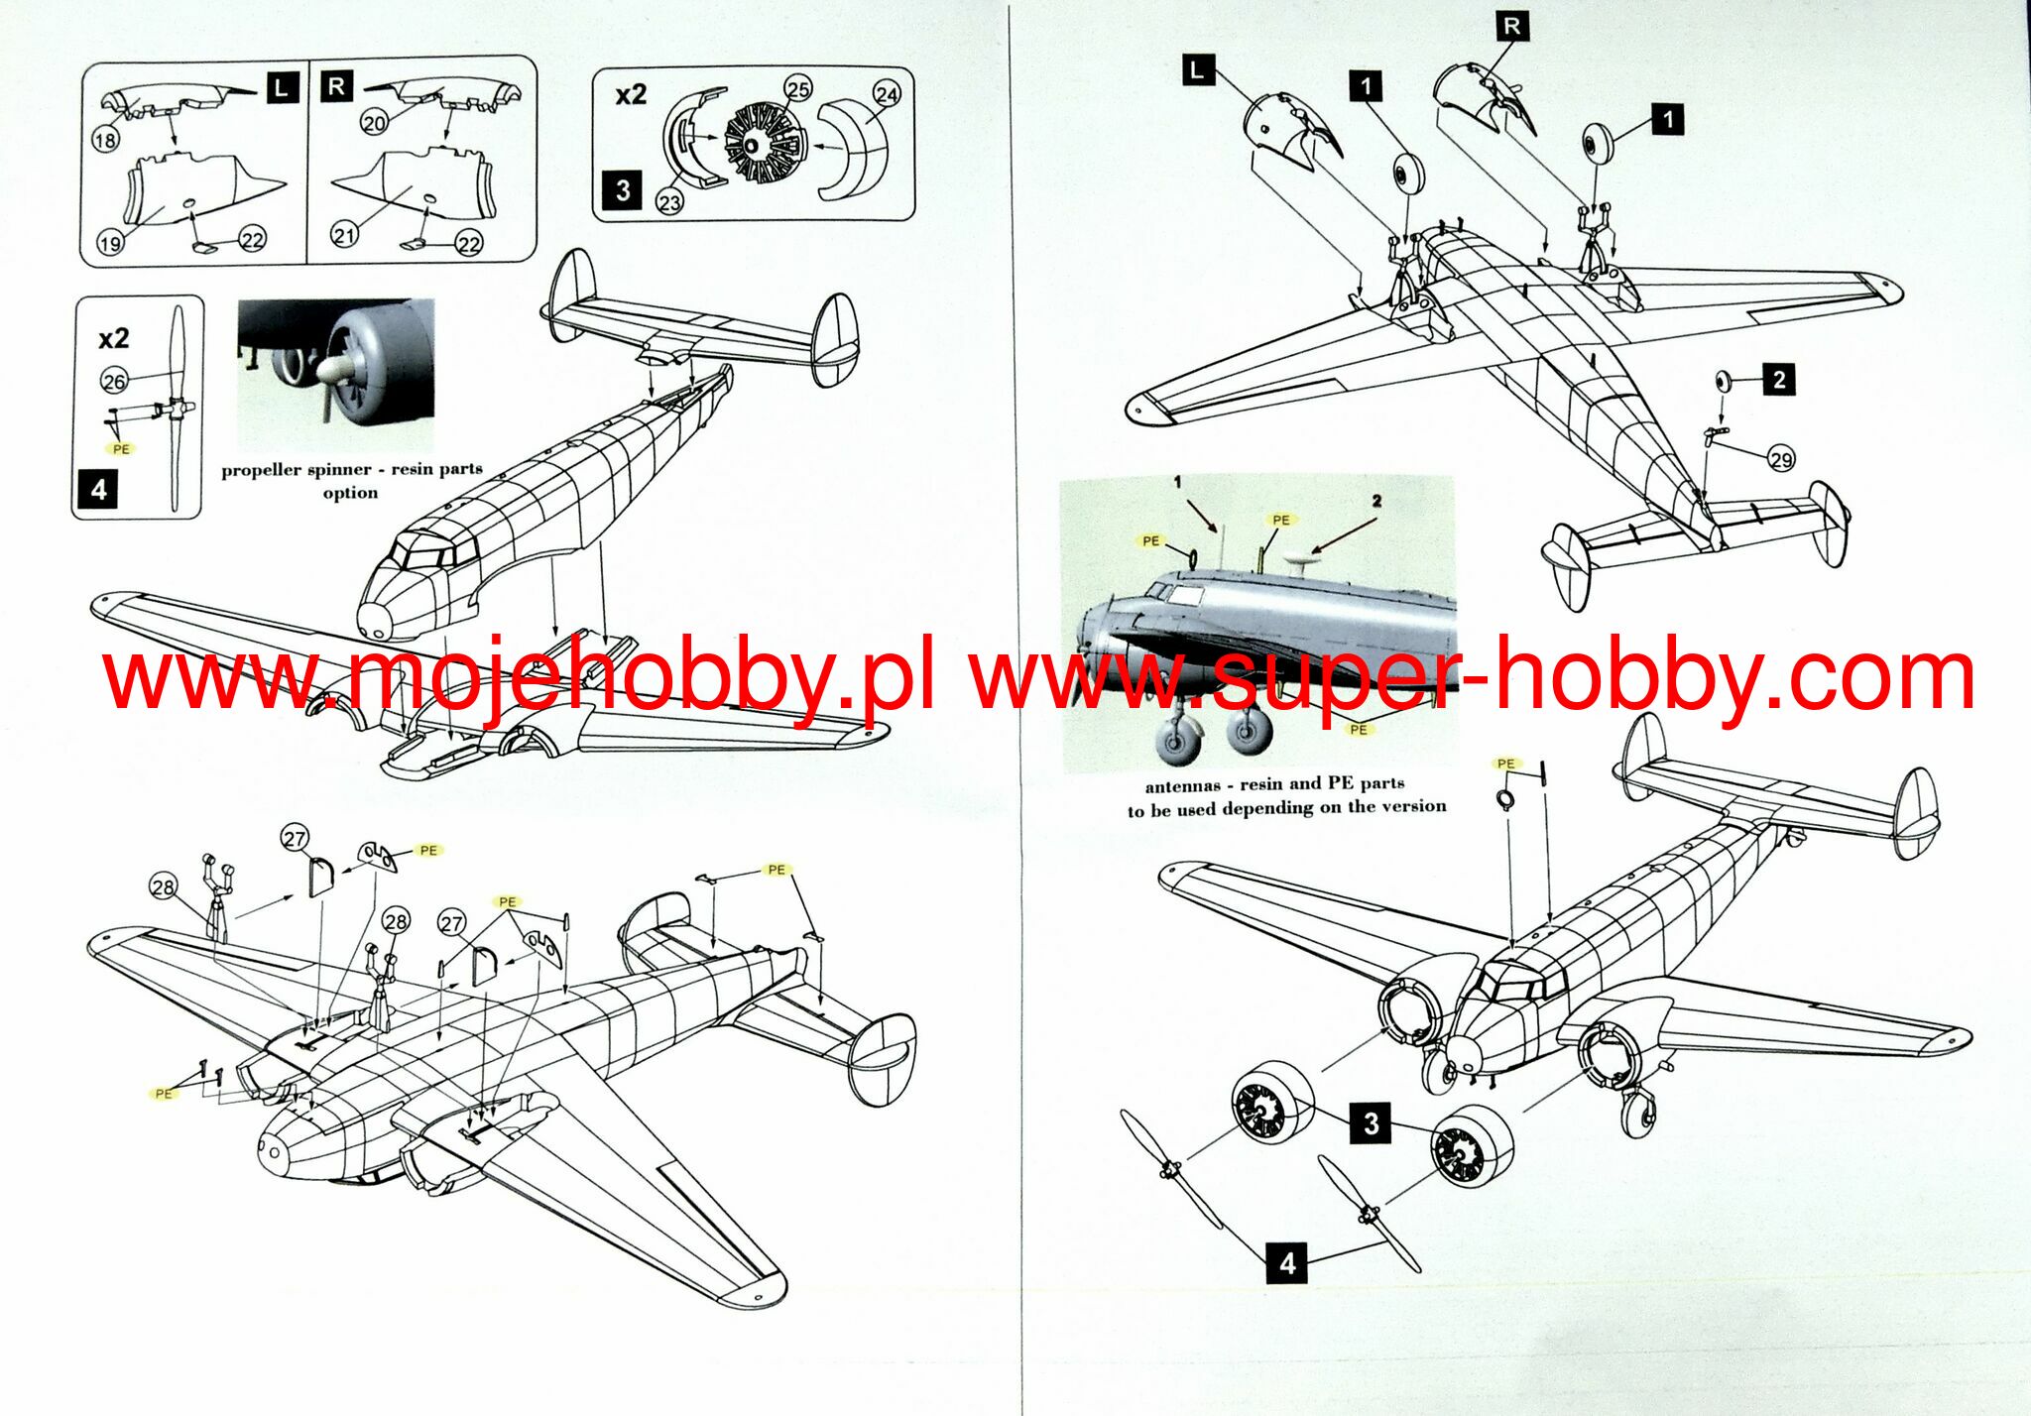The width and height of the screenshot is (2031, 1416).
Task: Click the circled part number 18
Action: pyautogui.click(x=105, y=141)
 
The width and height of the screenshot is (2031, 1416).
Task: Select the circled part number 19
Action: pyautogui.click(x=110, y=242)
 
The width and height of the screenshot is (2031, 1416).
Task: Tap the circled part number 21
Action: pyautogui.click(x=344, y=236)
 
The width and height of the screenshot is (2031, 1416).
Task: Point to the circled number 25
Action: pyautogui.click(x=798, y=89)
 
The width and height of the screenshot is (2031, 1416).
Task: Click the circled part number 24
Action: pyautogui.click(x=887, y=94)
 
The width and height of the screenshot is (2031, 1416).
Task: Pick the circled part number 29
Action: pyautogui.click(x=1781, y=459)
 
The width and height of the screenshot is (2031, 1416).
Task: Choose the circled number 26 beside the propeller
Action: pyautogui.click(x=114, y=381)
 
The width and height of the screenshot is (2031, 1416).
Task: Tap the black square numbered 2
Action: pyautogui.click(x=1779, y=379)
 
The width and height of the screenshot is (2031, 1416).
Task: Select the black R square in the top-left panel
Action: pyautogui.click(x=336, y=86)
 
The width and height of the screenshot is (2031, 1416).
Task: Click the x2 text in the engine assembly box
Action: pyautogui.click(x=631, y=95)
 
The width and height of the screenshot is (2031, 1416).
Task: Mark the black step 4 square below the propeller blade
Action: pyautogui.click(x=98, y=490)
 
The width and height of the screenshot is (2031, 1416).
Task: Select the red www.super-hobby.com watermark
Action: pyautogui.click(x=1472, y=677)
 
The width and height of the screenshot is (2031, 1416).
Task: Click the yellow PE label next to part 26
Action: pyautogui.click(x=121, y=449)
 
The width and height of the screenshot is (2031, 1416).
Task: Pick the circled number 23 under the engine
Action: pyautogui.click(x=670, y=202)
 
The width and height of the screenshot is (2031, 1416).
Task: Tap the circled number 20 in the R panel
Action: pyautogui.click(x=374, y=123)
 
